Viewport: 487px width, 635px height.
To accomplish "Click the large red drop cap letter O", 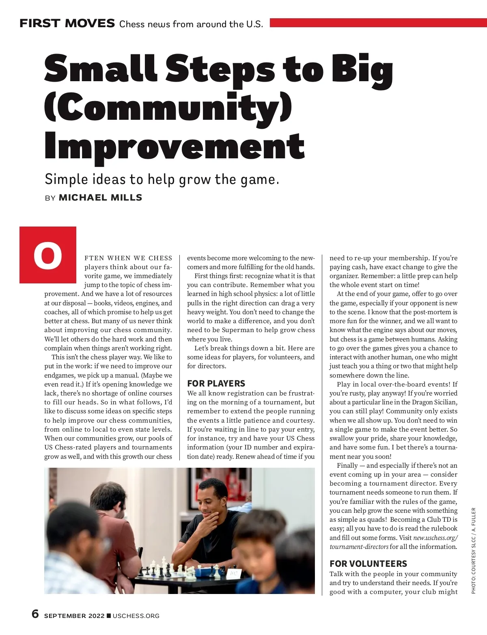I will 48,255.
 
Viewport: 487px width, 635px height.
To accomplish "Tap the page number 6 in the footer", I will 35,614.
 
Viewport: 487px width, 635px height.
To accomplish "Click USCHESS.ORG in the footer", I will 136,616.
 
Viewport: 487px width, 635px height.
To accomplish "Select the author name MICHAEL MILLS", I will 100,198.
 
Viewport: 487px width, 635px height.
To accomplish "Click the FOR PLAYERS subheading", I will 216,383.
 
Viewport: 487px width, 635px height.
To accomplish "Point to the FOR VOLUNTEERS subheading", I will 368,564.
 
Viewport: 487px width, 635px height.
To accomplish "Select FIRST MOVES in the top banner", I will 67,24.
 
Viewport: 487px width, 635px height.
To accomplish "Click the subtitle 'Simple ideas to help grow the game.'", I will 162,179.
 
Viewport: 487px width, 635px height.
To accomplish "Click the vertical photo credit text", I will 473,551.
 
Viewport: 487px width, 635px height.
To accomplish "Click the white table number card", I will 233,573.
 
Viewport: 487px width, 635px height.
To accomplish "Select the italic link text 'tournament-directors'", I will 359,547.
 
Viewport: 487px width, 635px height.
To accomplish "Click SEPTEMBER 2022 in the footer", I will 74,616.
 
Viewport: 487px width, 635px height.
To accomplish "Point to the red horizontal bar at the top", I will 377,23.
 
